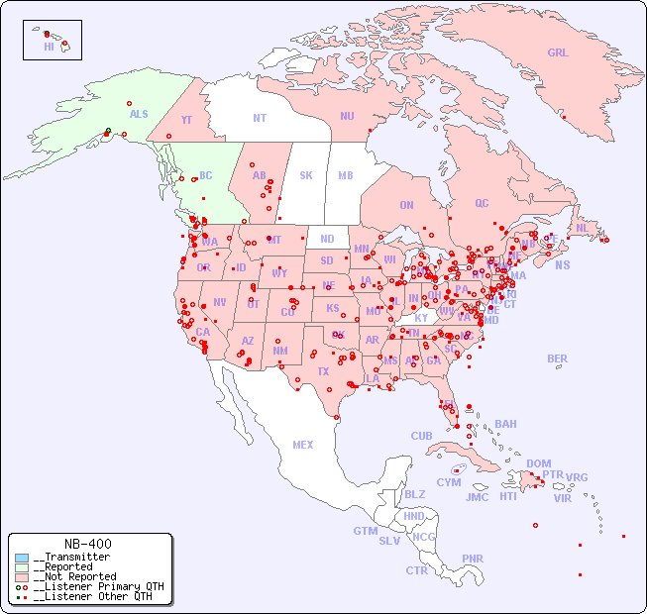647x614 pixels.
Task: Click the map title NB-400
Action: pos(87,544)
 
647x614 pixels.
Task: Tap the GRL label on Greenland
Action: pos(558,53)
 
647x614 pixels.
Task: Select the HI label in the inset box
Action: pos(49,47)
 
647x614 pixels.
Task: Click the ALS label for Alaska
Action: pos(139,115)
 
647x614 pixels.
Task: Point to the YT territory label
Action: pos(186,120)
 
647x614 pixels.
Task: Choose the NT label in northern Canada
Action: pos(260,118)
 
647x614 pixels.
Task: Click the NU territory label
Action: pos(347,116)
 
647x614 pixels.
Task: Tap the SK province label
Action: pos(306,175)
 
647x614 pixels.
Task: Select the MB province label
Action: pos(346,175)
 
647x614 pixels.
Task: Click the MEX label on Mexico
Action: pos(303,445)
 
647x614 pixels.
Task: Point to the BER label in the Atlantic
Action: pos(558,358)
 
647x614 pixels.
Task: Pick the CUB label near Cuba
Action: pos(421,436)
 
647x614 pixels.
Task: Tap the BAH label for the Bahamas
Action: pos(505,424)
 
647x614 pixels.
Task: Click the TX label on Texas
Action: pos(323,371)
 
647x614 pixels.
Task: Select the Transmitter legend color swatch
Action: pos(22,558)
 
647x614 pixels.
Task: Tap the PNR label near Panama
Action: pos(473,559)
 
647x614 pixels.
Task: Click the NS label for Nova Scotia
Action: pos(562,265)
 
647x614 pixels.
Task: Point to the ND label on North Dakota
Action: pos(327,239)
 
